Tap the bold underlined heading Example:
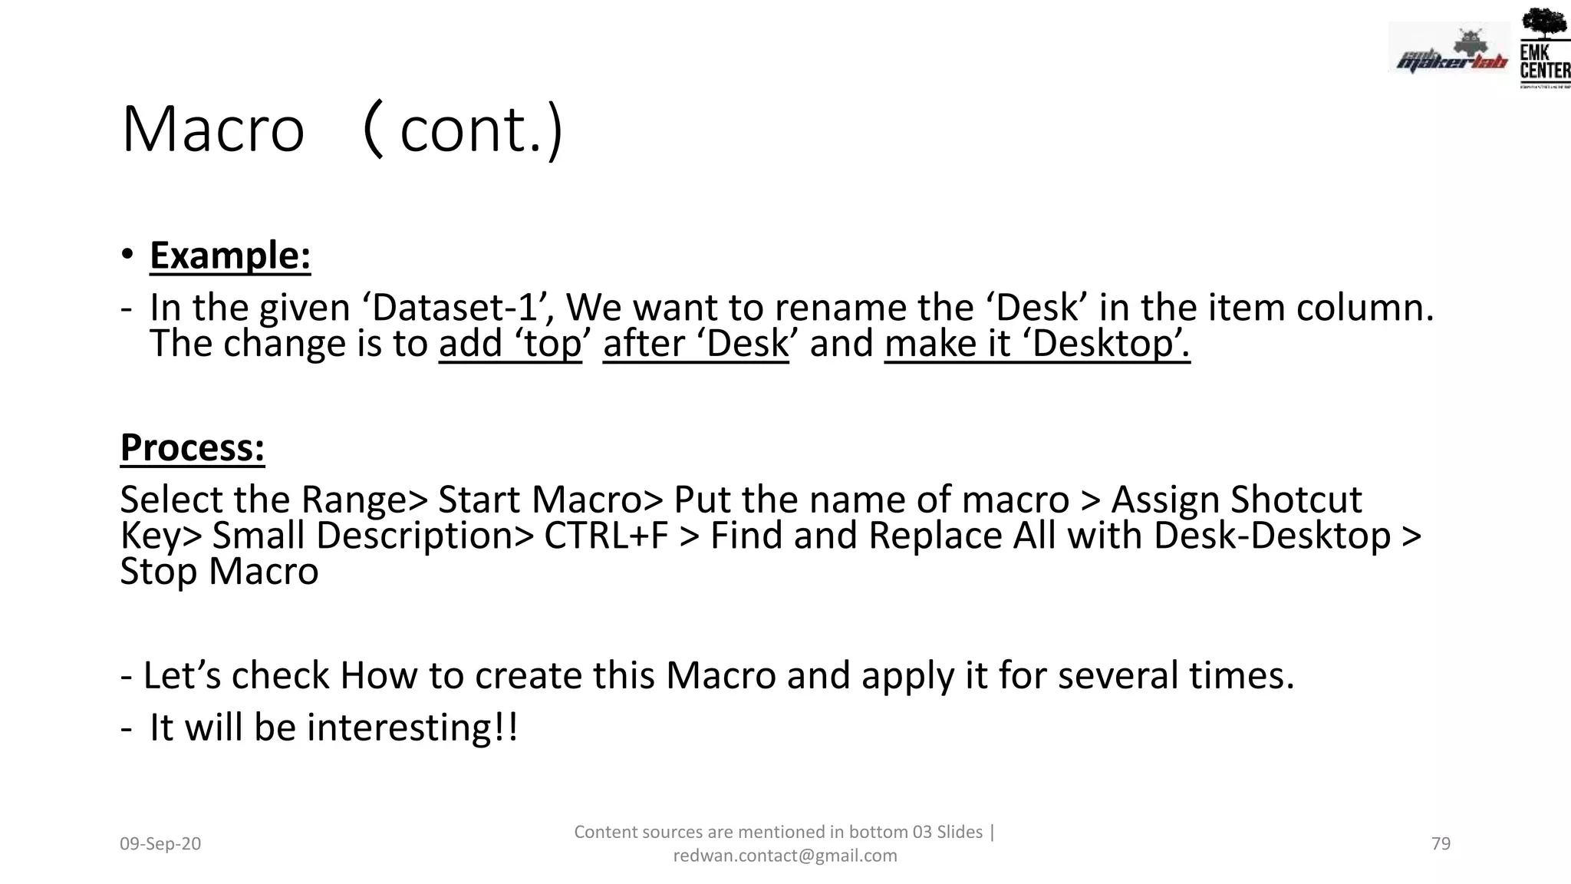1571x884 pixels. pos(230,256)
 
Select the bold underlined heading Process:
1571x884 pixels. pos(193,447)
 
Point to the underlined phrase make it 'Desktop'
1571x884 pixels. pos(1037,343)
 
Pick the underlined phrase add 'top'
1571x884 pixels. pos(510,343)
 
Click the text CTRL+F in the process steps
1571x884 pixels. pos(606,536)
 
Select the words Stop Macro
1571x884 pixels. pos(219,572)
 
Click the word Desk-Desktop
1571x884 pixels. pos(1272,536)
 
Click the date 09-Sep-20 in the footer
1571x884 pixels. pos(160,844)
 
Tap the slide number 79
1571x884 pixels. pos(1441,844)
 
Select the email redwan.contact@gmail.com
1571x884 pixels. pos(785,856)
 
